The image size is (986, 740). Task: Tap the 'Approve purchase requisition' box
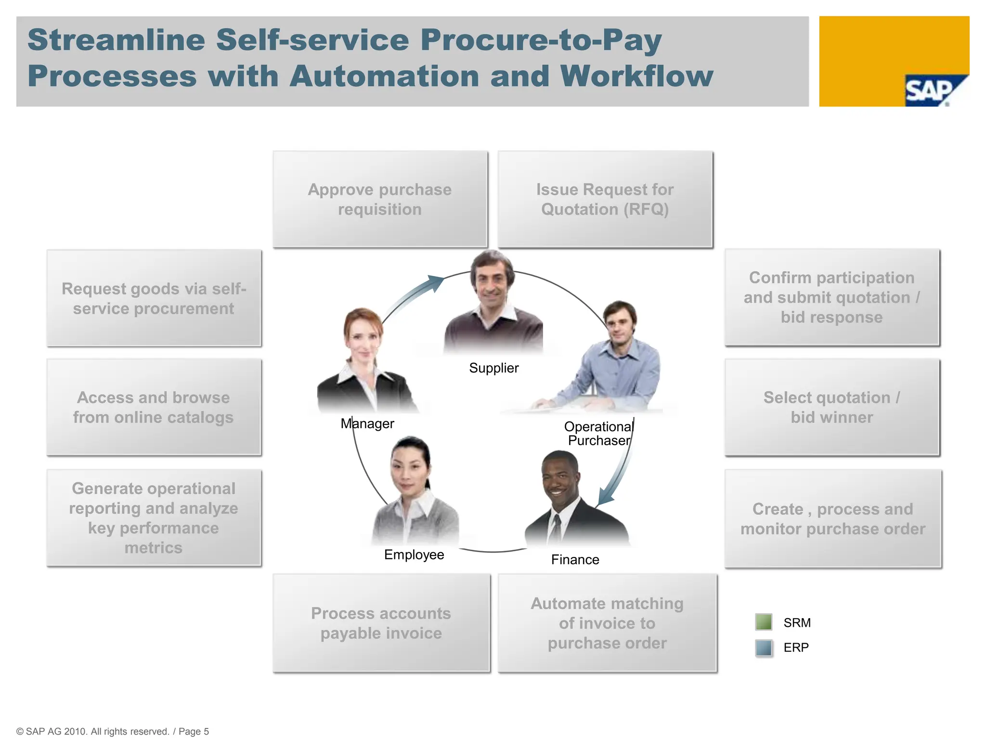[x=380, y=199]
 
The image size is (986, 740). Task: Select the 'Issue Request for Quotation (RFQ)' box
[x=605, y=199]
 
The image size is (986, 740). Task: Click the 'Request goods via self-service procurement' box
[x=154, y=298]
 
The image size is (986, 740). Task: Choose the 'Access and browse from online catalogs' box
[x=154, y=407]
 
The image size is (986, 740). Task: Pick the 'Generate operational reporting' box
[x=154, y=518]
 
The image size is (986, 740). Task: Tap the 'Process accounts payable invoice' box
[x=381, y=623]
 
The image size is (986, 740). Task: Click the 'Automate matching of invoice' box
[x=607, y=623]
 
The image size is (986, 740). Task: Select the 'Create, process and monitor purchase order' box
[x=832, y=519]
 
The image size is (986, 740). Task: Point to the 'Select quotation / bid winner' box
[x=832, y=407]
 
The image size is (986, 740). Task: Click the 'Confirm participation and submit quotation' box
[x=832, y=297]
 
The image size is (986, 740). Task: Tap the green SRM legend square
[x=764, y=622]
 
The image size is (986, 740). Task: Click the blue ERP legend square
[x=764, y=647]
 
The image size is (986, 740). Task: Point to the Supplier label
[x=494, y=368]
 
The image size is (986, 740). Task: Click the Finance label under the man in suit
[x=575, y=560]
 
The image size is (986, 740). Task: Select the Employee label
[x=414, y=555]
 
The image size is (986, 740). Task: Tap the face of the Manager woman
[x=363, y=337]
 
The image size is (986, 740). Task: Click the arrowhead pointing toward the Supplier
[x=436, y=282]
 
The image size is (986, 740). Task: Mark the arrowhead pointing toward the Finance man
[x=604, y=497]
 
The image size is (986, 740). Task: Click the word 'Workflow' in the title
[x=636, y=77]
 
